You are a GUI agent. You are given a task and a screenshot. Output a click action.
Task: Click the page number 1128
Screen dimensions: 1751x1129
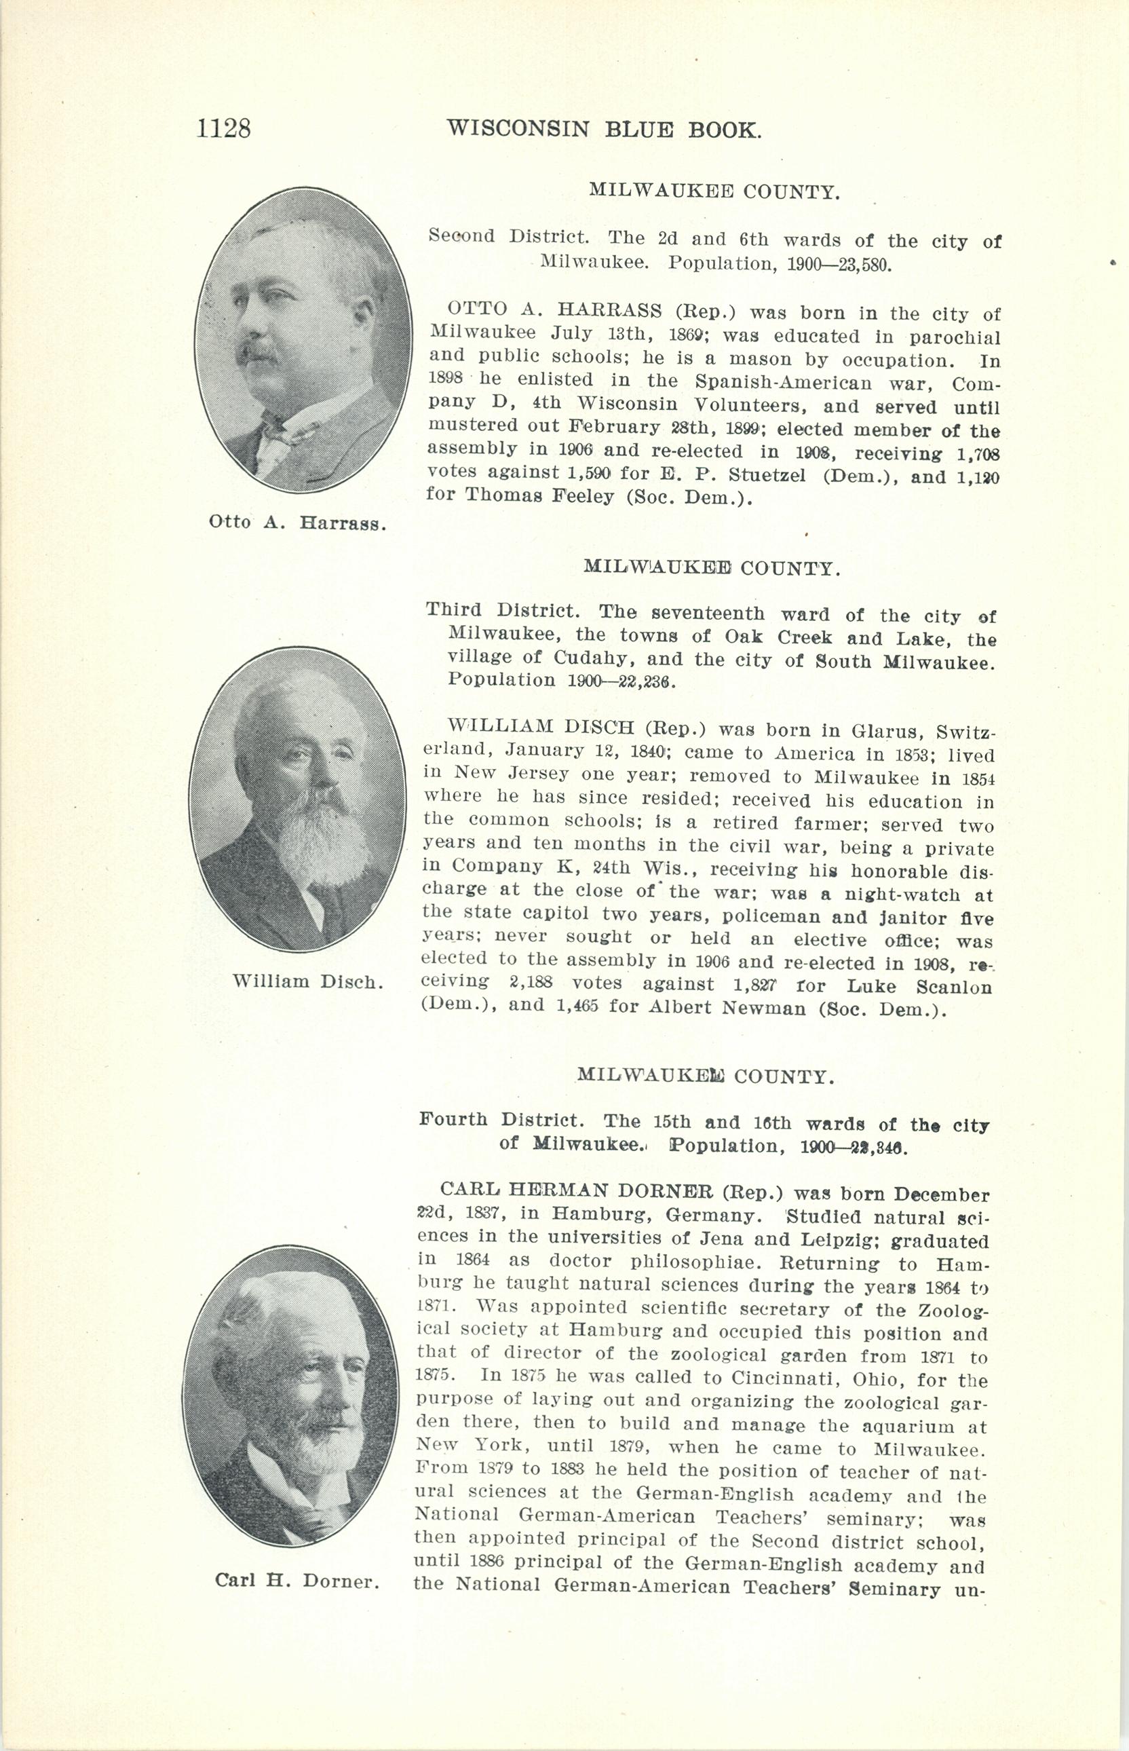click(x=224, y=128)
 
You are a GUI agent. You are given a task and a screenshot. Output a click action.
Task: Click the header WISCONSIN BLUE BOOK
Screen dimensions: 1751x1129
click(x=604, y=130)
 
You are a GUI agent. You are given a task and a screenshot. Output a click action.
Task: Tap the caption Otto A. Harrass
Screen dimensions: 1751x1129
click(x=297, y=523)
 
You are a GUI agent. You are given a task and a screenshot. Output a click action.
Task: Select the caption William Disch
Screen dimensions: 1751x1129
click(x=308, y=982)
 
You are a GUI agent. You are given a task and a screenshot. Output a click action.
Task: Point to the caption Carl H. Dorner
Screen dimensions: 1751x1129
click(x=297, y=1581)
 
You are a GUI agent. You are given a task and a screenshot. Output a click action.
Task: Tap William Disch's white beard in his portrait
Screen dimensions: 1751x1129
click(x=322, y=836)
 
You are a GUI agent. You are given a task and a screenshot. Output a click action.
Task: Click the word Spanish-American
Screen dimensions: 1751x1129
click(x=783, y=383)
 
